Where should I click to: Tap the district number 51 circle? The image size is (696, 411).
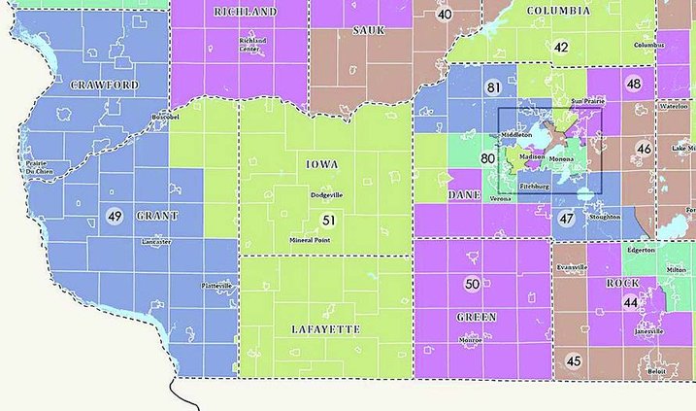329,221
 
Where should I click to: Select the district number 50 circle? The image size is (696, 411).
472,284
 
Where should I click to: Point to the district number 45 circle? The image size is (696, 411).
574,361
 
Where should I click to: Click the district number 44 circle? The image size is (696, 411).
631,303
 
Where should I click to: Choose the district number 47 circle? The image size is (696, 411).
567,220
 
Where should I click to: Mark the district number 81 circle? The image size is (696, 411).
493,88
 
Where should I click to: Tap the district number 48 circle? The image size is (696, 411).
634,85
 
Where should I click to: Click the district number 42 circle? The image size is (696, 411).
561,48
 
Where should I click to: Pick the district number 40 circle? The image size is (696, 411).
445,14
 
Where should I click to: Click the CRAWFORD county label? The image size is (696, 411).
105,86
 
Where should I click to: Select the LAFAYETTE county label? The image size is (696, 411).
325,329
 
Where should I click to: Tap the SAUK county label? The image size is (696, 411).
369,30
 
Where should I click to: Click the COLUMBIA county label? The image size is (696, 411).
558,11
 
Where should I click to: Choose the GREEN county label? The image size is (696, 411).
475,317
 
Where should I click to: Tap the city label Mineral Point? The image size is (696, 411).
313,239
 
